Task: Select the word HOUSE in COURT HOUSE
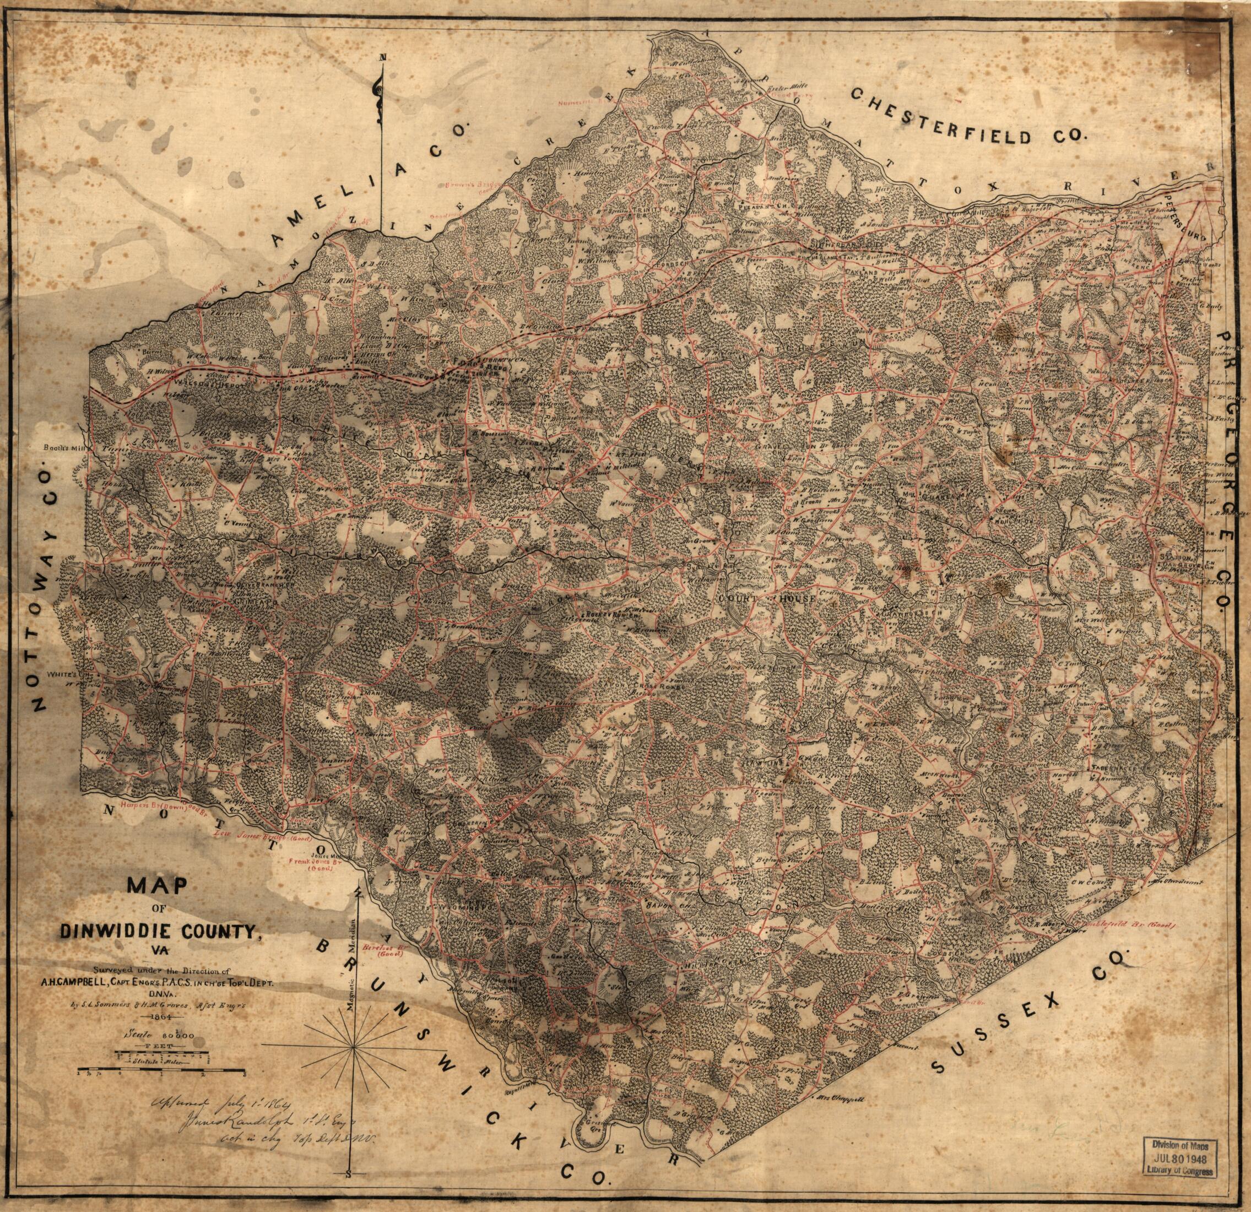pos(796,599)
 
